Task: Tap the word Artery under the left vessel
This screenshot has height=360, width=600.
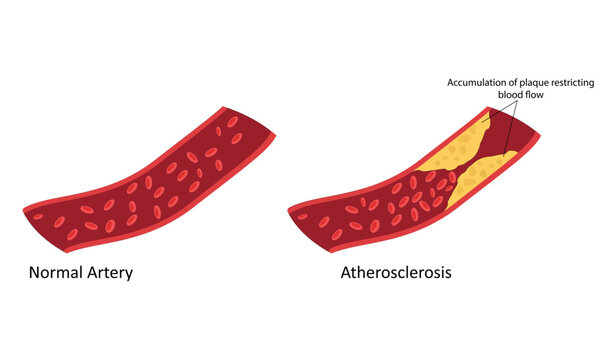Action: [111, 271]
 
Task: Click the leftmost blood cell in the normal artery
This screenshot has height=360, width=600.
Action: [38, 216]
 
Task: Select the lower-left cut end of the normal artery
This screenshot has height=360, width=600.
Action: [27, 222]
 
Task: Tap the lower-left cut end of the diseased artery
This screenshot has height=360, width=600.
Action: [293, 222]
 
